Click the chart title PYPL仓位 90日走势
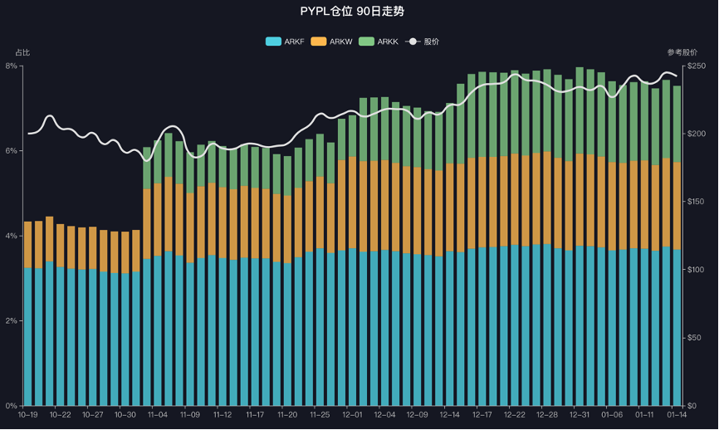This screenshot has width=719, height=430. point(358,12)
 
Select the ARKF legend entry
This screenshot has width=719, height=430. point(284,42)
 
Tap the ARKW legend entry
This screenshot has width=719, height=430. point(330,42)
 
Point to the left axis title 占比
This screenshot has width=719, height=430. point(22,53)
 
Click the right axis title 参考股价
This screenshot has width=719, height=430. point(682,53)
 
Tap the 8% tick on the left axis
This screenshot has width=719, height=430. point(12,66)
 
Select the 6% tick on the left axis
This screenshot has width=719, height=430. point(12,151)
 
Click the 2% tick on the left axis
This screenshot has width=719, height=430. point(12,320)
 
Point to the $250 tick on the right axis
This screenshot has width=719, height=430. point(696,66)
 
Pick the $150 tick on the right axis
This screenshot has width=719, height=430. point(696,202)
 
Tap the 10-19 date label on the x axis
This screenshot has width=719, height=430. point(28,414)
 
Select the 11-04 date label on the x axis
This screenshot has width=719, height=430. point(158,414)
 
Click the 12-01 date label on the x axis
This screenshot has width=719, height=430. point(352,414)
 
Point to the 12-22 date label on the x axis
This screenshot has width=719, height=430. point(515,414)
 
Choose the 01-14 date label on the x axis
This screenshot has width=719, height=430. point(677,414)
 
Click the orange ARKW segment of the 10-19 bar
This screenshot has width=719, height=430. point(28,245)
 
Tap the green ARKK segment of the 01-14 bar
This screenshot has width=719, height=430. point(677,125)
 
